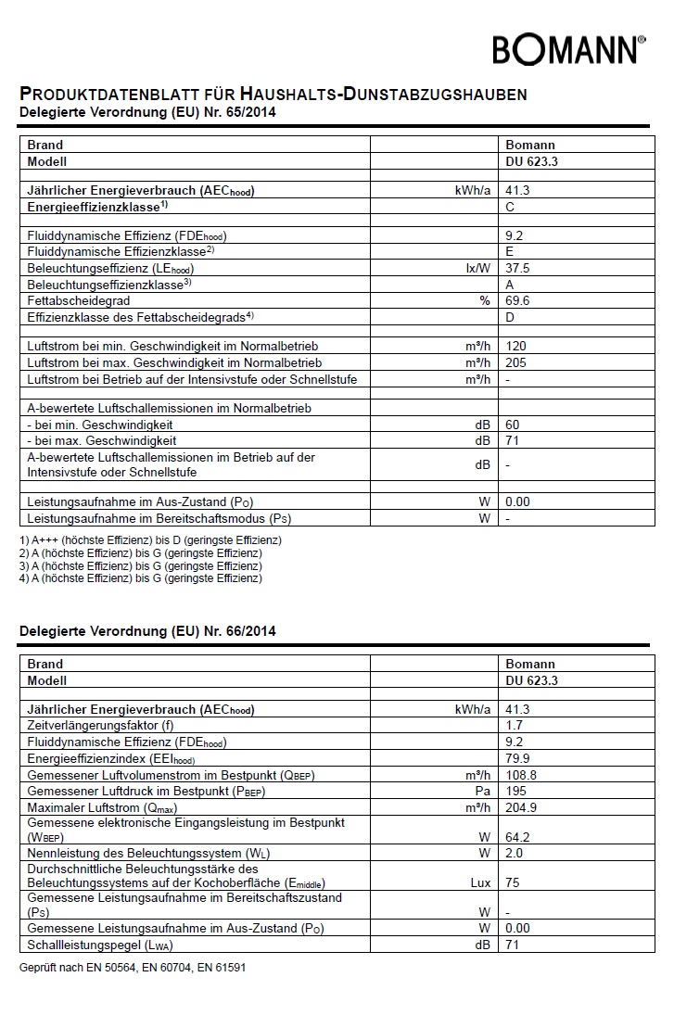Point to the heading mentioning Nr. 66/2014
click(x=147, y=631)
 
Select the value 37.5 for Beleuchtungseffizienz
click(x=518, y=268)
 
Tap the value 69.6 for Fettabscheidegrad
click(x=517, y=301)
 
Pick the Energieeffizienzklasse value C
click(x=510, y=207)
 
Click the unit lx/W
click(x=477, y=268)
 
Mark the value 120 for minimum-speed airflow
click(x=515, y=346)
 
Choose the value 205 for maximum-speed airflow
click(x=515, y=362)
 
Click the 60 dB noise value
click(x=513, y=425)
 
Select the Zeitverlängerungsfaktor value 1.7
click(x=514, y=725)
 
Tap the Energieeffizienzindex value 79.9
click(x=517, y=758)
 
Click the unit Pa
click(x=482, y=792)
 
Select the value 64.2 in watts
click(x=517, y=837)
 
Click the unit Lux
click(x=480, y=882)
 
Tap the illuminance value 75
click(x=513, y=882)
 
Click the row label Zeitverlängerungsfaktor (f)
click(x=100, y=725)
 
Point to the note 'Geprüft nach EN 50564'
click(x=133, y=967)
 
